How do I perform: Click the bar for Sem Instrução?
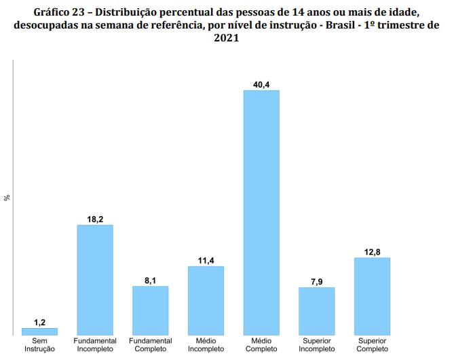39,331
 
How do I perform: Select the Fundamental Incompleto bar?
95,280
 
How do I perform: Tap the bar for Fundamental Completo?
151,310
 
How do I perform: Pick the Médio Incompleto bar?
206,301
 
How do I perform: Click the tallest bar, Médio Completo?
261,213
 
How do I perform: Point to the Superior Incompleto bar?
317,311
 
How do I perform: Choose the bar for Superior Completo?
373,296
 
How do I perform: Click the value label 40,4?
261,85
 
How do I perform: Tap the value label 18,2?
95,219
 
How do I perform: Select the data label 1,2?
39,323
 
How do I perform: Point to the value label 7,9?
317,282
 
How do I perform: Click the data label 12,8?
373,252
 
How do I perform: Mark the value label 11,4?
206,261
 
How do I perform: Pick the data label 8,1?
150,281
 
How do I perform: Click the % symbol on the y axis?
7,198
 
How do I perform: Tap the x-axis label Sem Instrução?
39,345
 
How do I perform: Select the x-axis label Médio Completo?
261,345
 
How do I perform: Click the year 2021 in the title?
227,38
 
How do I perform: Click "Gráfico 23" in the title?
59,12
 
